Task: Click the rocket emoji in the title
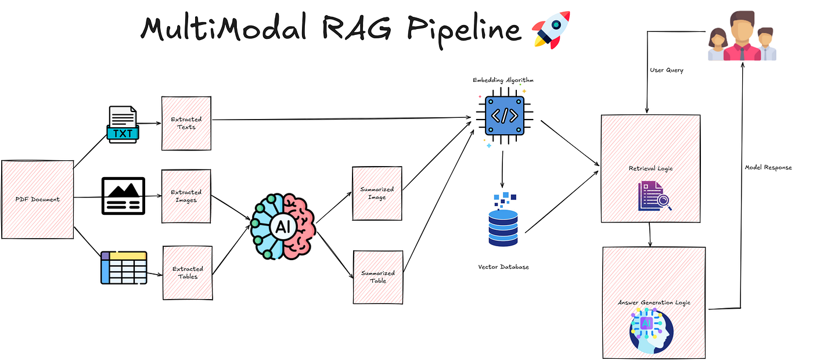(x=551, y=28)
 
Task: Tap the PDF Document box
(x=38, y=199)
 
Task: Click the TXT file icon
(x=123, y=124)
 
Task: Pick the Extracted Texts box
(x=186, y=123)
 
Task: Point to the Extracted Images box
(x=186, y=196)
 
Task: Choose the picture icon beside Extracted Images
(x=123, y=196)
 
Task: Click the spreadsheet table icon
(x=124, y=268)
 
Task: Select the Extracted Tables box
(x=188, y=273)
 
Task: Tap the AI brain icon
(x=283, y=226)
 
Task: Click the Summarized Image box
(x=377, y=193)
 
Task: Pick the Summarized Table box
(x=378, y=277)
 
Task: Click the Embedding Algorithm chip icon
(x=503, y=116)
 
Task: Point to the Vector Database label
(x=503, y=267)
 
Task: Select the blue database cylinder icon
(x=502, y=221)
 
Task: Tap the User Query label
(x=666, y=70)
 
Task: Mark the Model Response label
(x=768, y=167)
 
